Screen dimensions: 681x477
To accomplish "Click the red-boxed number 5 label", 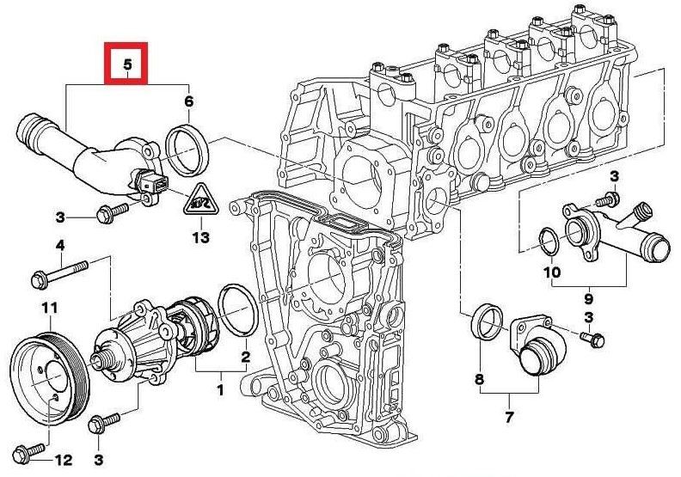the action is tap(126, 64).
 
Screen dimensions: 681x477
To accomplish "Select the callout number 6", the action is tap(188, 101).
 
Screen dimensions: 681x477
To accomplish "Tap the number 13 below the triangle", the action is tap(201, 237).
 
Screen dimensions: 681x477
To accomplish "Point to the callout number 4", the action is tap(60, 246).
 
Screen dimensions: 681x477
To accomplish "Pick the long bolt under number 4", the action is tap(60, 272).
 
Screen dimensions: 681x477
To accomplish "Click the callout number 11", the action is tap(50, 309).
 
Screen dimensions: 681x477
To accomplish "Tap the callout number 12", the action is tap(63, 460).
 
